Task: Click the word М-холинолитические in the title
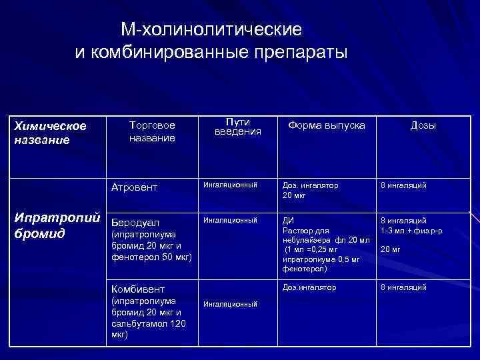click(x=211, y=30)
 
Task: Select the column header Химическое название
click(x=51, y=133)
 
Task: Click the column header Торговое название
click(x=153, y=131)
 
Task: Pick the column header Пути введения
click(x=237, y=126)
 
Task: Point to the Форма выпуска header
click(x=326, y=125)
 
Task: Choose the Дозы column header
click(x=423, y=125)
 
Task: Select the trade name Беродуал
click(x=135, y=220)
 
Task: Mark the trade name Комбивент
click(x=138, y=288)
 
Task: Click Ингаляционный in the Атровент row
click(x=230, y=185)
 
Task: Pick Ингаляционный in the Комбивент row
click(x=230, y=304)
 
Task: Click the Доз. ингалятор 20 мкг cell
click(x=310, y=190)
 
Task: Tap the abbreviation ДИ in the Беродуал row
click(x=287, y=219)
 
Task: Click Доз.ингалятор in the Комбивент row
click(x=309, y=287)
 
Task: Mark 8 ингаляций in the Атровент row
click(x=403, y=185)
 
